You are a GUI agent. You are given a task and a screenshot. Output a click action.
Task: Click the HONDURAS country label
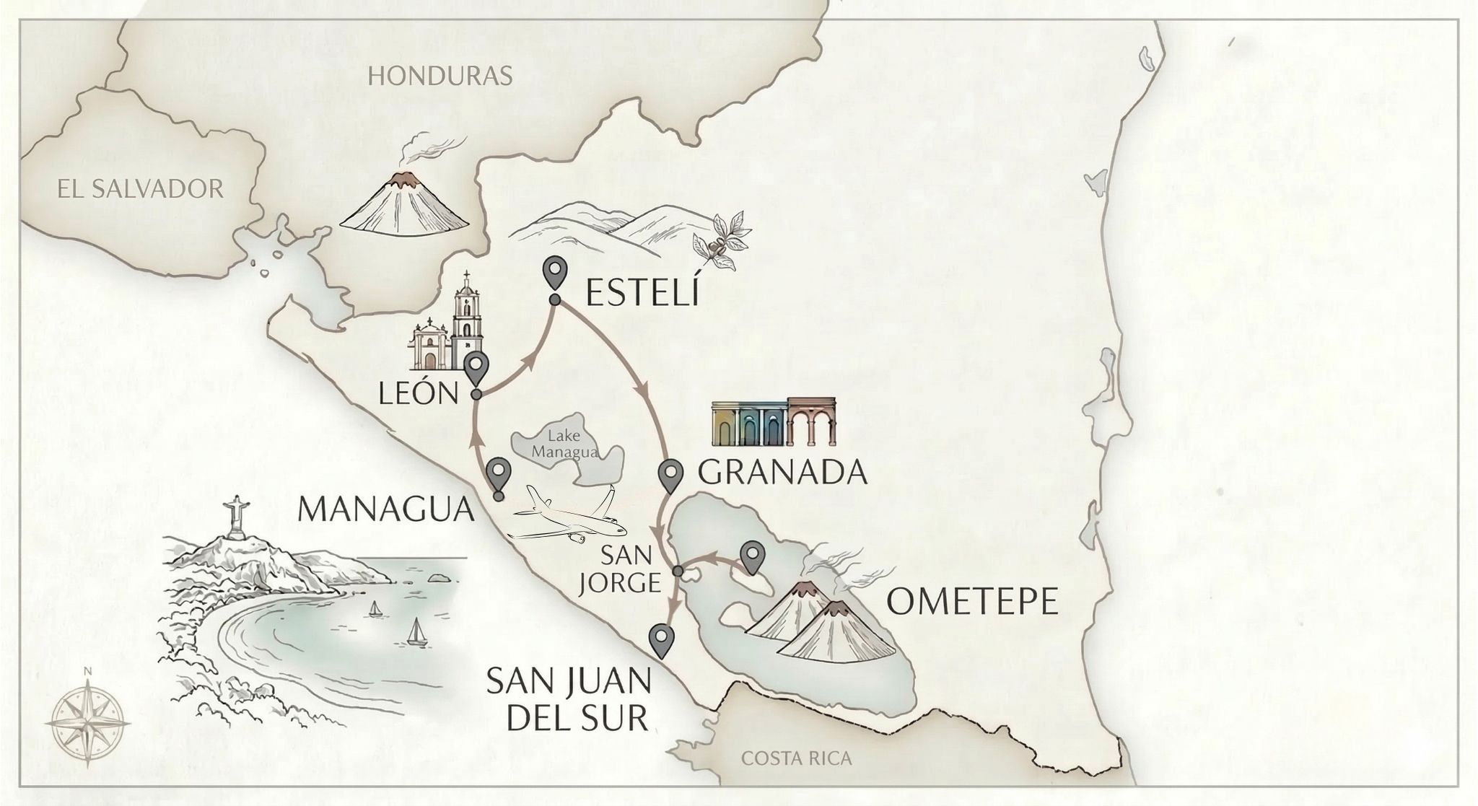coord(440,75)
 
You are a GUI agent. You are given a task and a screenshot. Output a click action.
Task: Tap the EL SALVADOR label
coord(140,189)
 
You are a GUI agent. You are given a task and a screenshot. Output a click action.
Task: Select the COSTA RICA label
coord(796,758)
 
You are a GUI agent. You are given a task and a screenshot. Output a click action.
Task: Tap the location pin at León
coord(476,369)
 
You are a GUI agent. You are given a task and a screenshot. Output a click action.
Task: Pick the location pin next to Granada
coord(671,473)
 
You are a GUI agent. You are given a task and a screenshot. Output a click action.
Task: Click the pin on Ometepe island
coord(753,556)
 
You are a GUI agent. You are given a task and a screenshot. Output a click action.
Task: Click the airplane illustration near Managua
coord(568,515)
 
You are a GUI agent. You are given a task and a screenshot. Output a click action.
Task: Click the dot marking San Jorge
coord(678,571)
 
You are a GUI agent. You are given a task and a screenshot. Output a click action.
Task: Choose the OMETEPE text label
coord(971,601)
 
